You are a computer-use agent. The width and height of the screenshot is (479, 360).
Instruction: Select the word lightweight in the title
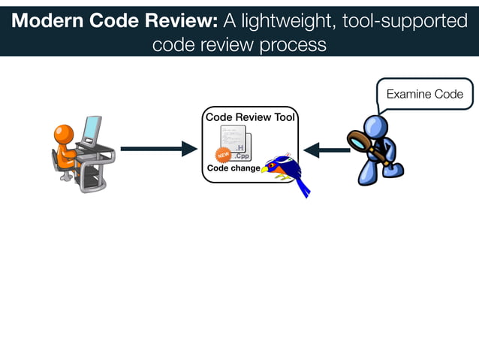[x=278, y=21]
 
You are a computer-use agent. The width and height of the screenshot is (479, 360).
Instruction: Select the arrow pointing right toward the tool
[x=158, y=149]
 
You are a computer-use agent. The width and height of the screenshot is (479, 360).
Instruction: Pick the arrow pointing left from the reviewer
[x=327, y=150]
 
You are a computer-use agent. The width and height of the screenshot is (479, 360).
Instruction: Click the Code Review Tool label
[x=250, y=117]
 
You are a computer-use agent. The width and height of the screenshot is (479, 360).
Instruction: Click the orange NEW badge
[x=223, y=155]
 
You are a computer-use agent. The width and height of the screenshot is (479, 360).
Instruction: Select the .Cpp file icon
[x=242, y=156]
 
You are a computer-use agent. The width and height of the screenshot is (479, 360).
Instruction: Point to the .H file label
[x=240, y=147]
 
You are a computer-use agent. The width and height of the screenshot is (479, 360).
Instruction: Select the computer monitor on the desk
[x=92, y=129]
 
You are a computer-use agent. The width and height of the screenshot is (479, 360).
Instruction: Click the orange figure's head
[x=64, y=134]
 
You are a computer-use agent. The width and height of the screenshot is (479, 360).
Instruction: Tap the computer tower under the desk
[x=91, y=175]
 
